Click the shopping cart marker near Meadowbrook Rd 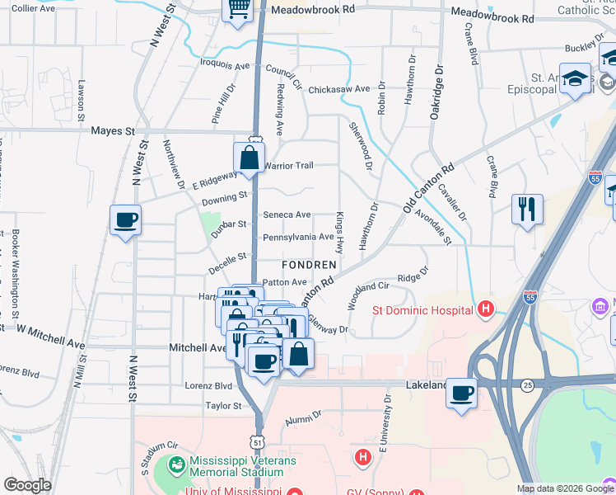point(239,8)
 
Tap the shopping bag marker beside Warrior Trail point(249,157)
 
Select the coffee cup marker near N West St point(125,219)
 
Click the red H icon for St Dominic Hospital point(486,310)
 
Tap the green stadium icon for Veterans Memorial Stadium point(176,465)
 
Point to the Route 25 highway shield point(527,384)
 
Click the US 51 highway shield point(259,442)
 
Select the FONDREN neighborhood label point(309,265)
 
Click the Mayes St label point(113,130)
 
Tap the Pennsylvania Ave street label point(297,237)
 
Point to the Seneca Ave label point(287,214)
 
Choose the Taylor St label point(223,406)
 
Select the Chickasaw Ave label point(339,88)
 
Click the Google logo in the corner point(27,485)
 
